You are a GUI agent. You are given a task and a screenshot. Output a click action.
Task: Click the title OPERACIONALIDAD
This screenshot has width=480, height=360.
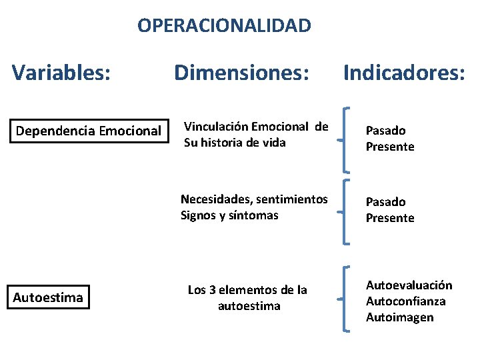coord(224,26)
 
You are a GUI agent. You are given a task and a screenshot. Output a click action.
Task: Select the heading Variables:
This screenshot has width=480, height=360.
coord(61,71)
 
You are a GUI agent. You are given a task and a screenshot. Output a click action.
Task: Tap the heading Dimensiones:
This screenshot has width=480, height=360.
coord(242,71)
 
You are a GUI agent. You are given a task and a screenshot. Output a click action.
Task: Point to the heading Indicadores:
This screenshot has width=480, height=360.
coord(404,71)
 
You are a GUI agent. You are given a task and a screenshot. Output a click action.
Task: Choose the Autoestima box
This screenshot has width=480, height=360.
coord(48,297)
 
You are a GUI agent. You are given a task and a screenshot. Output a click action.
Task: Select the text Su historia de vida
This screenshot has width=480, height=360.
coord(235,142)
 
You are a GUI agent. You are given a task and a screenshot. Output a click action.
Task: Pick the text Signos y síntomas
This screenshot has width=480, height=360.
coord(229,215)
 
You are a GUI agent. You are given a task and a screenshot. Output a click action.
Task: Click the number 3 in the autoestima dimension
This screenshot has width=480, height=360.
coord(212,290)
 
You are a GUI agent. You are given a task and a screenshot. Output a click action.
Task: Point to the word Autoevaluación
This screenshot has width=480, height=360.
coord(409,285)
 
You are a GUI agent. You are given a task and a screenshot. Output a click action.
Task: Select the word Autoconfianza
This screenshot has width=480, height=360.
coord(405,301)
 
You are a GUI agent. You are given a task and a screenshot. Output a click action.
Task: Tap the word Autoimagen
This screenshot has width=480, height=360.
coord(399,317)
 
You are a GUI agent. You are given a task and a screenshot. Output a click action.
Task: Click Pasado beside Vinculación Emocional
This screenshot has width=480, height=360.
coord(385,131)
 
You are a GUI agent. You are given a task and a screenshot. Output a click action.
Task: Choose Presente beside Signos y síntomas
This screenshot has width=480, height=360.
coord(390,218)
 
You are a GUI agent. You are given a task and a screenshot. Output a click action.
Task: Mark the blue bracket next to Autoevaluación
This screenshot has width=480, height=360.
coord(344,299)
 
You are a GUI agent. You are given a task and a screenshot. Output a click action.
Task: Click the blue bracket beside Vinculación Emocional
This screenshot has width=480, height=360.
coord(344,140)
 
